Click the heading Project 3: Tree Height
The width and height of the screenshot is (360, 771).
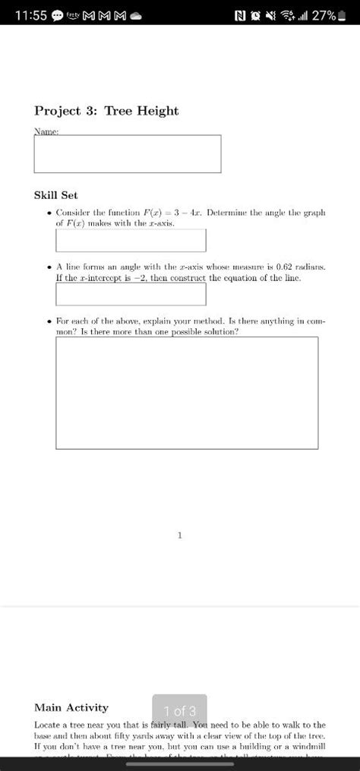[106, 111]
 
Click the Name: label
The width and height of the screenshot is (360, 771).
[46, 131]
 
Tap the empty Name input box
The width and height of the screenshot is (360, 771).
[128, 154]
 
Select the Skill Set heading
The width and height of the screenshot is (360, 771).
[56, 195]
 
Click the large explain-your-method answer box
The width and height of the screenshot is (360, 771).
[187, 393]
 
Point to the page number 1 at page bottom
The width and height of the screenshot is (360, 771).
[180, 535]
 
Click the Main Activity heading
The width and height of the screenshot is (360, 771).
[71, 707]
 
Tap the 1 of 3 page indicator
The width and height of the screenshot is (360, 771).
[180, 711]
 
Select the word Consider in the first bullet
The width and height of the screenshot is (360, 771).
[74, 213]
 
